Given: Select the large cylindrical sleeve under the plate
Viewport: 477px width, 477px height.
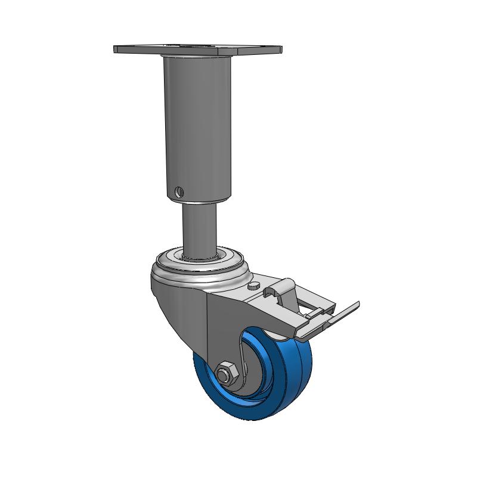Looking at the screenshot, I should tap(197, 119).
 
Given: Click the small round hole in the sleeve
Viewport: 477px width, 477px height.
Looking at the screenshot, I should tap(179, 191).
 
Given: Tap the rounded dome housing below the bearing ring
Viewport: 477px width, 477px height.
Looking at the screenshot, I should tap(179, 292).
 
